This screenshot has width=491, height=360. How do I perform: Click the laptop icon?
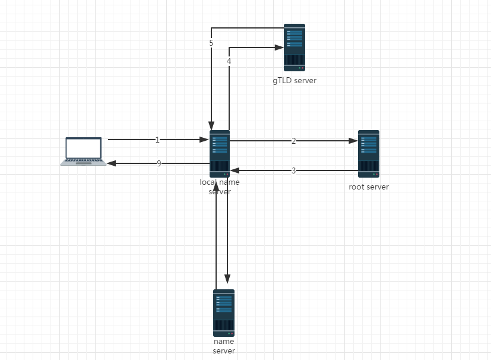(83, 151)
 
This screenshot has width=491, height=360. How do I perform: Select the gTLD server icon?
(294, 48)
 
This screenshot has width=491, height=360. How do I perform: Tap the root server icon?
(368, 153)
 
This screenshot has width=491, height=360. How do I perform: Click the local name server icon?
(219, 153)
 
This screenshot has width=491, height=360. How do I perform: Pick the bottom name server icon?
(224, 312)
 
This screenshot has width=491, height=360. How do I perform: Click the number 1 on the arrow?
(157, 140)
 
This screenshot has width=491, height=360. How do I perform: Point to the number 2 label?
(293, 141)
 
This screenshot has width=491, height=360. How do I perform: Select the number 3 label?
(293, 171)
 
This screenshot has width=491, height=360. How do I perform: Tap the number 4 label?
(229, 61)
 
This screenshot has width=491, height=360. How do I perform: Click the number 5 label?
(211, 43)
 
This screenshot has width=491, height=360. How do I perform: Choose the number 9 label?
(159, 163)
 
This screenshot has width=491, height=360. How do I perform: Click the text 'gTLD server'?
(294, 81)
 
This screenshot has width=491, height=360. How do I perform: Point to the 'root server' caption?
(369, 187)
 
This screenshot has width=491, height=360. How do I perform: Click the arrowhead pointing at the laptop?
(111, 163)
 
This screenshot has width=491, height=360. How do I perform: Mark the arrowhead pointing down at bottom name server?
(227, 279)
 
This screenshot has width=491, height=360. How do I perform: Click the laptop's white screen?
(83, 147)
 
